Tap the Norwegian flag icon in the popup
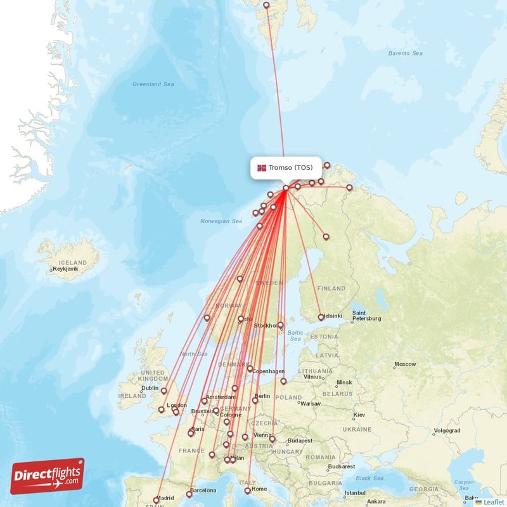[x=262, y=168]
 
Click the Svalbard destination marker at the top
[x=266, y=5]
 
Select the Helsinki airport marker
[x=321, y=318]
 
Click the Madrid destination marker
[x=157, y=500]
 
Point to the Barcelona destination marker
[x=189, y=493]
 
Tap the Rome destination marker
[x=248, y=491]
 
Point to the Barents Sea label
[x=406, y=53]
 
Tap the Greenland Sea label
[x=153, y=84]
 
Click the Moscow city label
[x=405, y=364]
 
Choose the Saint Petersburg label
[x=366, y=315]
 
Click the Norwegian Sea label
[x=221, y=221]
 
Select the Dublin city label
[x=150, y=388]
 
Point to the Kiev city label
[x=359, y=414]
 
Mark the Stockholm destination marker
[x=280, y=325]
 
